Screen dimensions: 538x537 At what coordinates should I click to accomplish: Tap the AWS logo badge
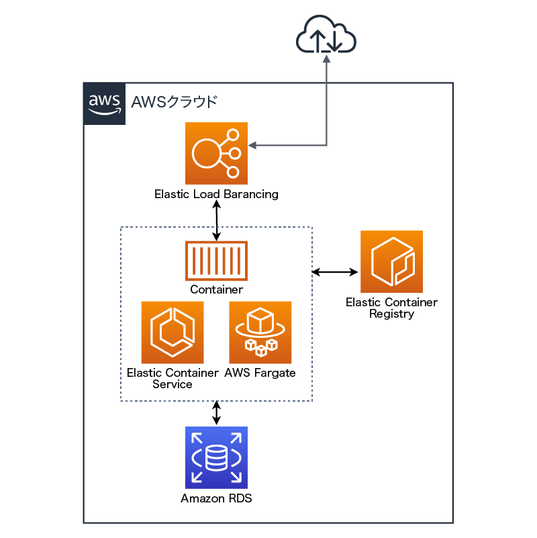pos(104,103)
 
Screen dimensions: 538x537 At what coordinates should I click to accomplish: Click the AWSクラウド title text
pos(174,102)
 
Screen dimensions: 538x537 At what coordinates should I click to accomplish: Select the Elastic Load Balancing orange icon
pos(216,153)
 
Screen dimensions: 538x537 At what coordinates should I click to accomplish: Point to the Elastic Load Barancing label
pos(216,195)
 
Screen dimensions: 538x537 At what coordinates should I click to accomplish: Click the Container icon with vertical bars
pos(216,261)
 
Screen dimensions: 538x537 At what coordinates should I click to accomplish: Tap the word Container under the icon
pos(216,290)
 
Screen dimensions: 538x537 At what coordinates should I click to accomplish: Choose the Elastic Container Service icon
pos(173,332)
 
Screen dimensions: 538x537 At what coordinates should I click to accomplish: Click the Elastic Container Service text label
pos(173,379)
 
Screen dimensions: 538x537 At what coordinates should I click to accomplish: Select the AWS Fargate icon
pos(260,332)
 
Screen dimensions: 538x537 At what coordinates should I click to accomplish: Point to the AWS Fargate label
pos(260,373)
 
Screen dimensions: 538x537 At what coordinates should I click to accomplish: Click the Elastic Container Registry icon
pos(391,261)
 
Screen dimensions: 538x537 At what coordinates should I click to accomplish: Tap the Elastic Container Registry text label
pos(391,308)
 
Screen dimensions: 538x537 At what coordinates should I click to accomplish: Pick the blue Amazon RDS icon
pos(216,457)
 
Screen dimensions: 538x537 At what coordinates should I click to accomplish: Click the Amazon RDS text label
pos(216,499)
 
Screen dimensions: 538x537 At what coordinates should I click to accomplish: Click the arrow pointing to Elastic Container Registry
pos(336,272)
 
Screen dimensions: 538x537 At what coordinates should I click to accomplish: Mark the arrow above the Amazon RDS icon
pos(216,413)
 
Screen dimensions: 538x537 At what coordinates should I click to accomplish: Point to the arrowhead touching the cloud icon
pos(327,58)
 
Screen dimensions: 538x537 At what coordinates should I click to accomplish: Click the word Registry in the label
pos(391,314)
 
